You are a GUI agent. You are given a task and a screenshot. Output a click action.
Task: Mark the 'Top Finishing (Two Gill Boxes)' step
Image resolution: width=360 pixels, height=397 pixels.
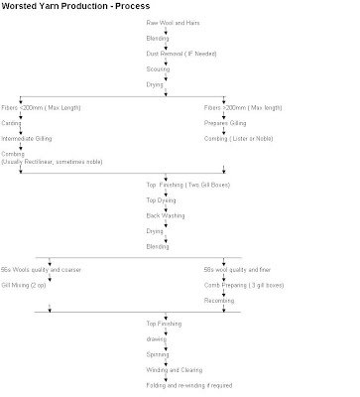(180, 187)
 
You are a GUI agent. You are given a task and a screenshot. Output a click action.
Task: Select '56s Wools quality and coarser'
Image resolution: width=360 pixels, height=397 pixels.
(52, 270)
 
